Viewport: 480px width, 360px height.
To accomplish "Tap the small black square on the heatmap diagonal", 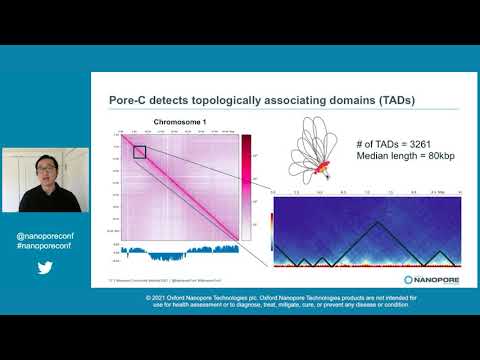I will (x=140, y=152).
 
